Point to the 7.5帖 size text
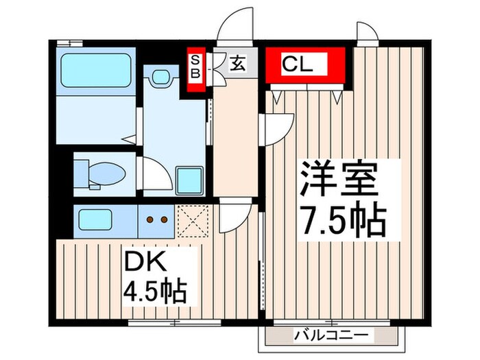click(341, 218)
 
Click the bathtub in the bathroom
click(95, 71)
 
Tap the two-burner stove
click(156, 219)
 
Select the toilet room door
click(155, 173)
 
